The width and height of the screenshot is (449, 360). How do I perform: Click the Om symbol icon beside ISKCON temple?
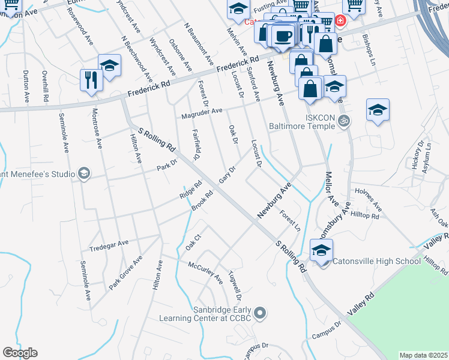click(x=344, y=120)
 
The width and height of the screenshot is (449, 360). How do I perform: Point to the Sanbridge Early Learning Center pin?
click(x=260, y=313)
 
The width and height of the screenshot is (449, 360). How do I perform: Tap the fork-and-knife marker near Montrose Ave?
click(x=91, y=80)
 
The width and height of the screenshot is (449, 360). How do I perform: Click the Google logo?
click(x=20, y=353)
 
